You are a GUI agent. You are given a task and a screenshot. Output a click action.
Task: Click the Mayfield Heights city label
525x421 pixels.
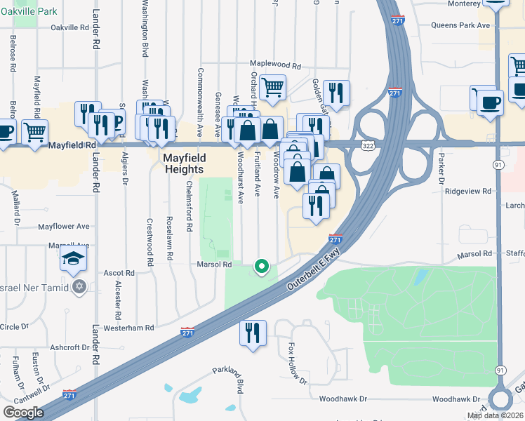(184, 163)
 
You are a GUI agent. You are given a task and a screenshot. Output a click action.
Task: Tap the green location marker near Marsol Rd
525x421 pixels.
(262, 266)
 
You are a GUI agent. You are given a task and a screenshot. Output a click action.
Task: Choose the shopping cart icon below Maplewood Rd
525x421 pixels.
(272, 88)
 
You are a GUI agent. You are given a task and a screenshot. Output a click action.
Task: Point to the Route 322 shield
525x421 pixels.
(368, 145)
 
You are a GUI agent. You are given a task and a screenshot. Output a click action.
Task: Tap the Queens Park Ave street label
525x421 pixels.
(460, 25)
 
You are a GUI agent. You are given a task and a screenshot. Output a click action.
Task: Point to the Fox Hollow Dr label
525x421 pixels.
(298, 363)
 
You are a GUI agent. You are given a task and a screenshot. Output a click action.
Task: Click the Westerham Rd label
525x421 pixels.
(128, 328)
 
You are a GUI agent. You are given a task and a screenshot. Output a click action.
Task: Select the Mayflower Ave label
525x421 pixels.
(64, 227)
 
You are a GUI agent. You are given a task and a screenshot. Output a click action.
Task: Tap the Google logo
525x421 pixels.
(24, 412)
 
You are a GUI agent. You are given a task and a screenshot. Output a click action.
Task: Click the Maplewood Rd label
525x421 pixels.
(274, 66)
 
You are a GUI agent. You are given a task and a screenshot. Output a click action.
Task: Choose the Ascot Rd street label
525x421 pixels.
(119, 272)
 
